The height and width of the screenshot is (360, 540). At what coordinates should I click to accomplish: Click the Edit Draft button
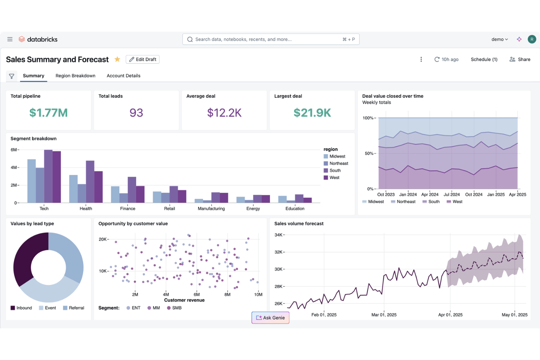pos(142,59)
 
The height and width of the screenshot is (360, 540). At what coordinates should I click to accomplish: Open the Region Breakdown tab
pos(75,76)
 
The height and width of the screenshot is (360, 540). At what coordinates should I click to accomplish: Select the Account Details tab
pos(123,76)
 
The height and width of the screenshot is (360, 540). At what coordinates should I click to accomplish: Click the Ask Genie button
pos(270,318)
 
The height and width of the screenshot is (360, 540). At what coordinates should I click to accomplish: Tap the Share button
pos(520,59)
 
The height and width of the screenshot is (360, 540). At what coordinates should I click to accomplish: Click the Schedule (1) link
pos(484,59)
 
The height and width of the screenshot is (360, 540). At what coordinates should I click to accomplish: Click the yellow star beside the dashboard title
pos(117,59)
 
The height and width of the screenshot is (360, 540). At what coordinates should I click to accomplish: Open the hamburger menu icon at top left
pos(10,39)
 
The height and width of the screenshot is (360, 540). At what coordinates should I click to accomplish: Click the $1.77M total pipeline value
pos(49,113)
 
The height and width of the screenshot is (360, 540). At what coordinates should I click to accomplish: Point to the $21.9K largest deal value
pos(312,113)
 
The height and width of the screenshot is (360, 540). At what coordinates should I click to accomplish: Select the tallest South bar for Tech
pos(48,176)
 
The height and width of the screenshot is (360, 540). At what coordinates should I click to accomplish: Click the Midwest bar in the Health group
pos(73,189)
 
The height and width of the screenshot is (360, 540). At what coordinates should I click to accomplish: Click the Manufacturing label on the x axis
pos(211,209)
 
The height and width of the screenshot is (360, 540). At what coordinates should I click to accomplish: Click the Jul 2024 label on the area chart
pos(452,194)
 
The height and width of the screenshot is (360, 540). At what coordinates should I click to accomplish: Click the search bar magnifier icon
pos(190,39)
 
